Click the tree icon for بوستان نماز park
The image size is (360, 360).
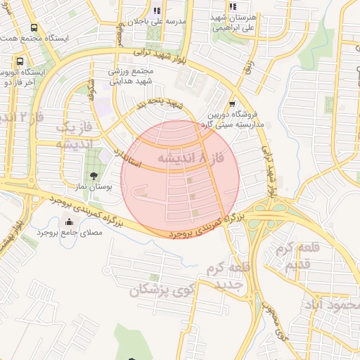click(93, 175)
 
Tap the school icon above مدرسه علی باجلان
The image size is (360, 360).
click(157, 11)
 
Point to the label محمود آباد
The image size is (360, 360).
click(330, 306)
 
